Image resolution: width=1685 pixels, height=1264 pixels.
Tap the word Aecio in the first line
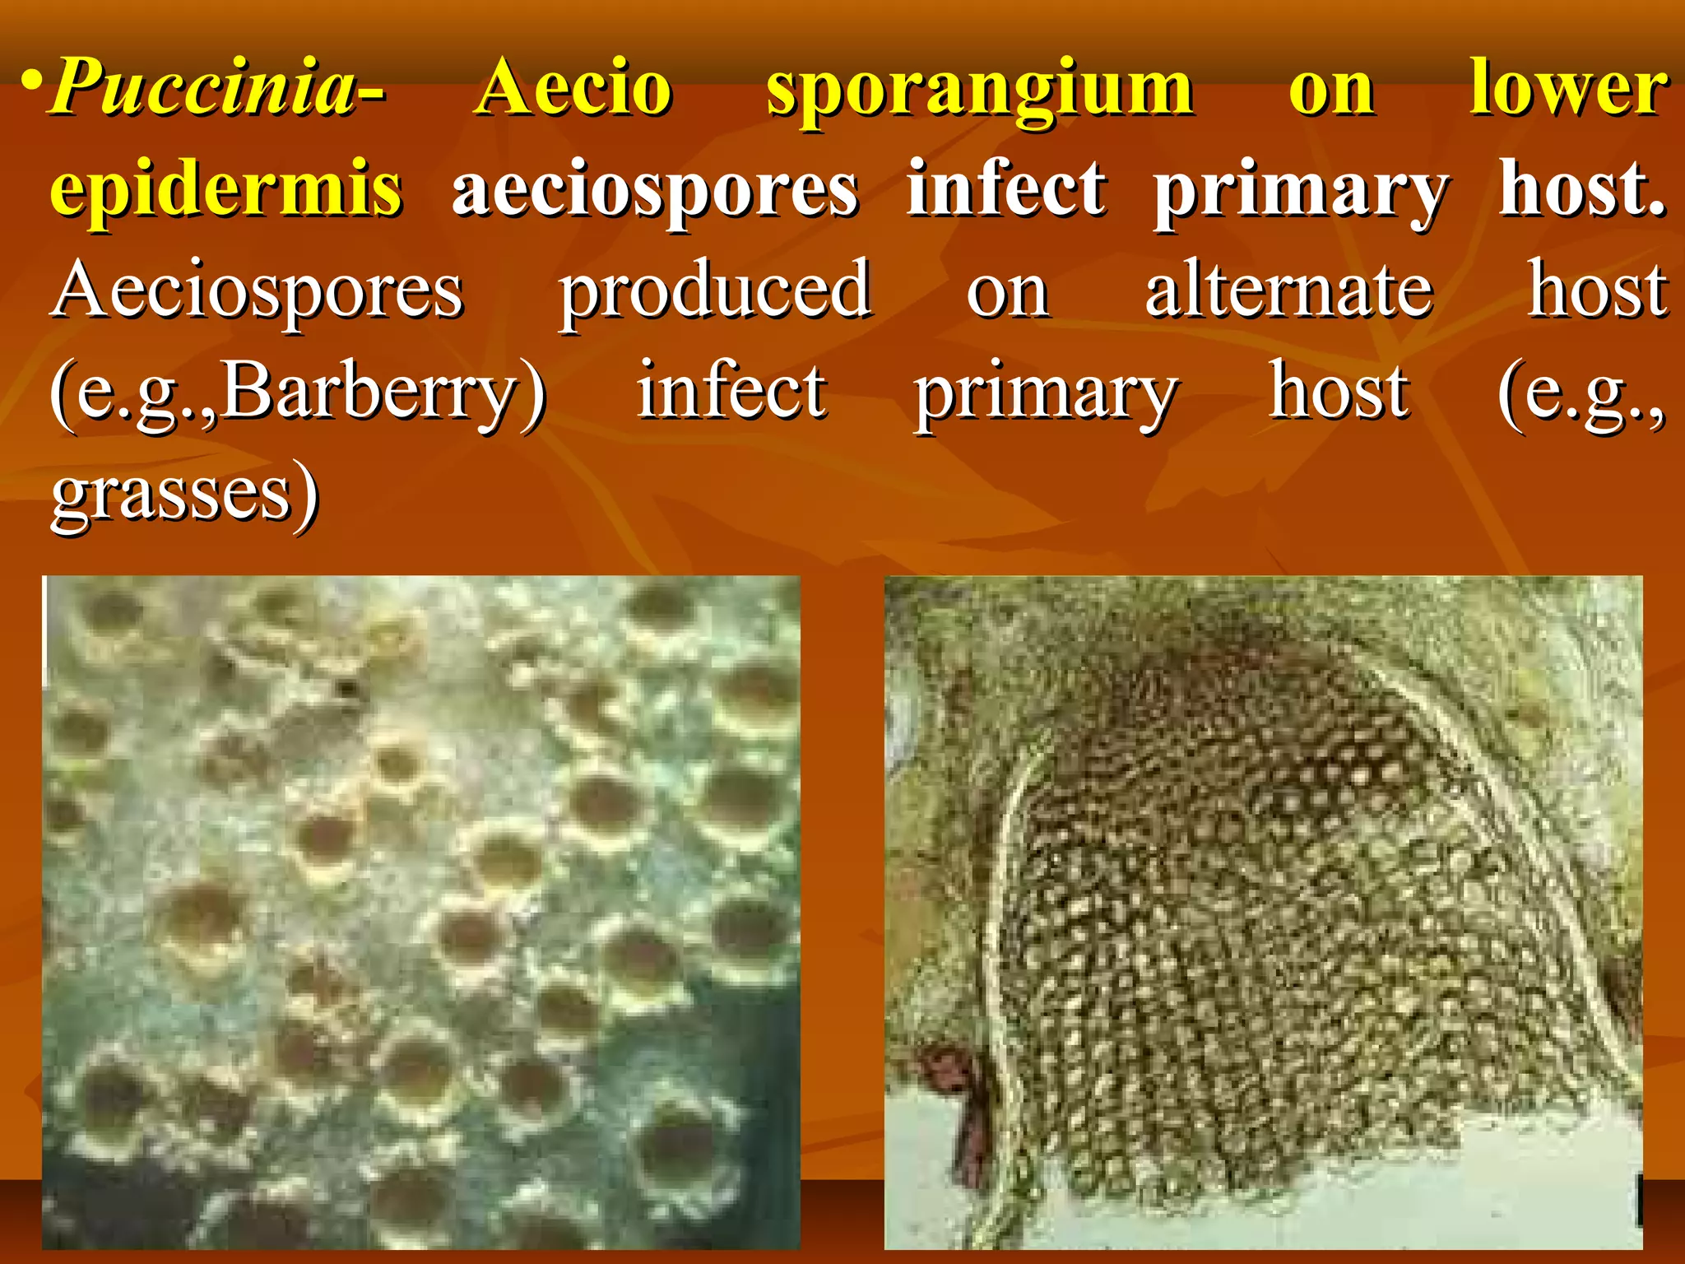click(x=574, y=89)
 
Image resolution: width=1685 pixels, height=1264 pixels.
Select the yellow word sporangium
click(x=979, y=91)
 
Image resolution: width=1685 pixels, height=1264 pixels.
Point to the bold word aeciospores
click(x=655, y=191)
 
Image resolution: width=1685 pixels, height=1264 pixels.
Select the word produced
click(x=715, y=292)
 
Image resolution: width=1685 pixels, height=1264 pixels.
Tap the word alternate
click(x=1288, y=292)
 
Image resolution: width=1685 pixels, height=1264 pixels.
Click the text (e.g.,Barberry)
click(x=298, y=393)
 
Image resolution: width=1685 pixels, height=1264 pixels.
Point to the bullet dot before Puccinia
click(x=31, y=83)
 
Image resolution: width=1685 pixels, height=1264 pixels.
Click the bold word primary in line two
click(x=1300, y=193)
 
